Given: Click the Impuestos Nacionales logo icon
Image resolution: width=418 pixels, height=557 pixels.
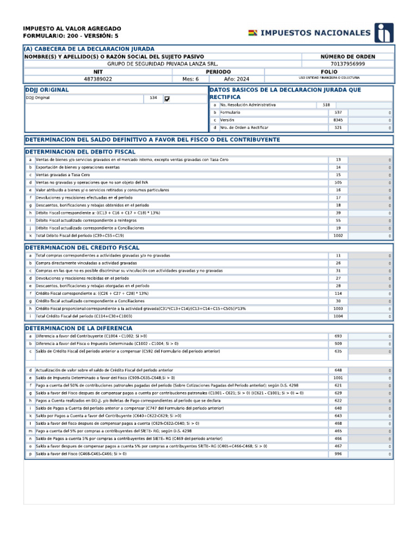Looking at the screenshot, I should click(x=384, y=33).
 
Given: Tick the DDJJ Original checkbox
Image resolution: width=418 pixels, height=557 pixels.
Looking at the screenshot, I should click(x=167, y=99).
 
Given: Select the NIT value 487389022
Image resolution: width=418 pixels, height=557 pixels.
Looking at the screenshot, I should click(x=98, y=79).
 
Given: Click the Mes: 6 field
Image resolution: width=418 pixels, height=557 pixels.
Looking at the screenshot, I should click(x=191, y=79).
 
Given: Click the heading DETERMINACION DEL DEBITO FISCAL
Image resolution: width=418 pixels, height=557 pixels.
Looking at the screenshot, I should click(x=81, y=152).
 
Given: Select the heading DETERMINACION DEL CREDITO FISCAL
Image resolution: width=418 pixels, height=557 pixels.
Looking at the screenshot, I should click(x=82, y=247).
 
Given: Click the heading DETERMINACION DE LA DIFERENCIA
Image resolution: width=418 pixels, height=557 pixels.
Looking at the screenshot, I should click(x=78, y=329).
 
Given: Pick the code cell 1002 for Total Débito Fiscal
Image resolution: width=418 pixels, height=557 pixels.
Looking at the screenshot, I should click(x=338, y=236).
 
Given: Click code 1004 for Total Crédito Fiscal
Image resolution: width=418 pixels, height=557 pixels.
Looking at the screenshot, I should click(x=338, y=316).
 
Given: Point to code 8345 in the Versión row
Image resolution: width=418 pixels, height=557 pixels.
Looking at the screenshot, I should click(x=338, y=120).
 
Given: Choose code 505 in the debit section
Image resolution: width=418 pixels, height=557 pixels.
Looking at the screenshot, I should click(x=338, y=183).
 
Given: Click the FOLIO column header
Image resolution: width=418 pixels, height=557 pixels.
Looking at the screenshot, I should click(x=329, y=71).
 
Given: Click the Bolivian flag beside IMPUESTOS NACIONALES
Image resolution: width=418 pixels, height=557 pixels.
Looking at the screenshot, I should click(x=253, y=33).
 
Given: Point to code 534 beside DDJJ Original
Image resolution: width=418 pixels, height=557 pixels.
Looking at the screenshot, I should click(x=153, y=98).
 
